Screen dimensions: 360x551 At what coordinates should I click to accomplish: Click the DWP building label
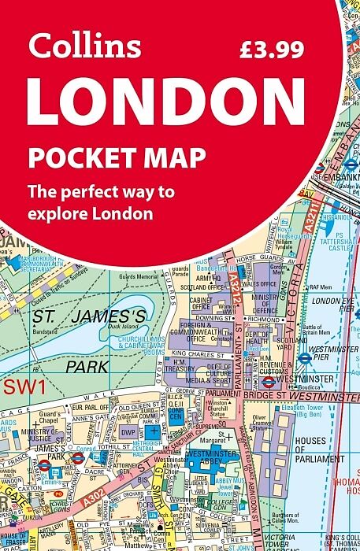[x=129, y=431]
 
